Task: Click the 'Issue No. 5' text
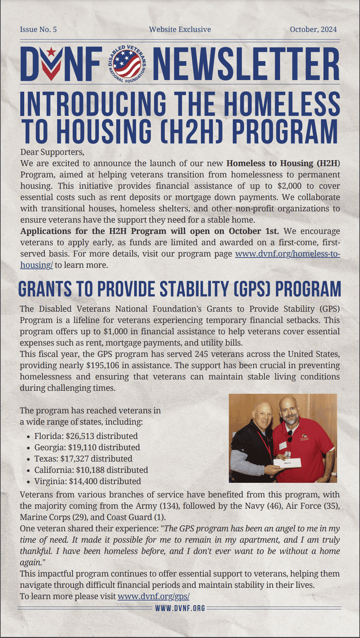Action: [x=38, y=30]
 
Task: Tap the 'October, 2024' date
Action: [x=313, y=30]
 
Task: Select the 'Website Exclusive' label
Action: [x=180, y=30]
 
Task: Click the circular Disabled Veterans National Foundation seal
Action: [x=127, y=64]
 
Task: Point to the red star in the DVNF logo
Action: [x=51, y=52]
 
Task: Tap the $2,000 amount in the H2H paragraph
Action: [x=290, y=186]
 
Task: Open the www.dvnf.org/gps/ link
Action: [x=153, y=596]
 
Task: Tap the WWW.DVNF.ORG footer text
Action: [x=180, y=608]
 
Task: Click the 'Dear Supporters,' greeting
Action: [x=52, y=152]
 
